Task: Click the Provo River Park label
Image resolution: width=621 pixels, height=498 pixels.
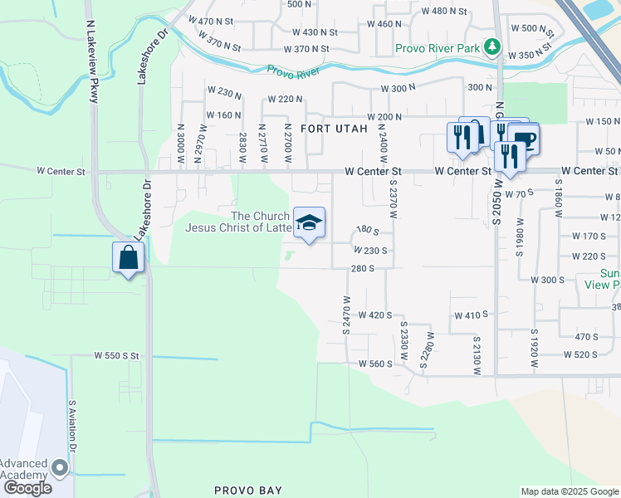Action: pyautogui.click(x=438, y=49)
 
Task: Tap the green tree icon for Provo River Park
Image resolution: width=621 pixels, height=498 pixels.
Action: pyautogui.click(x=493, y=46)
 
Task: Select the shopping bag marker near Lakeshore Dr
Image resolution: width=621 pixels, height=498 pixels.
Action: pyautogui.click(x=130, y=257)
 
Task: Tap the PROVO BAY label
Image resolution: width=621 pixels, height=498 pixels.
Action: pyautogui.click(x=248, y=491)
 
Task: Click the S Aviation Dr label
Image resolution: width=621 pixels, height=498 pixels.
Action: pyautogui.click(x=73, y=426)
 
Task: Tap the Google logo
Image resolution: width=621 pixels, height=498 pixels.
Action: pyautogui.click(x=27, y=488)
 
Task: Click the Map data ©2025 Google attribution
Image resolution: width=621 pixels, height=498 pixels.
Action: pyautogui.click(x=570, y=491)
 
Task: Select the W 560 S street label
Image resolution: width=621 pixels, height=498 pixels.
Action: pyautogui.click(x=374, y=364)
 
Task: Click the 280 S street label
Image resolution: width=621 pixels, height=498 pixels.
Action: pyautogui.click(x=364, y=268)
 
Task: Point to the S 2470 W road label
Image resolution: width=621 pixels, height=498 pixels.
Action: pyautogui.click(x=346, y=315)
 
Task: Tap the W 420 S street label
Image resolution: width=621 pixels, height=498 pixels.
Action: pyautogui.click(x=375, y=315)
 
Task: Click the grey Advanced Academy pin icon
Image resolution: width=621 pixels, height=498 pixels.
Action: pyautogui.click(x=60, y=467)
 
